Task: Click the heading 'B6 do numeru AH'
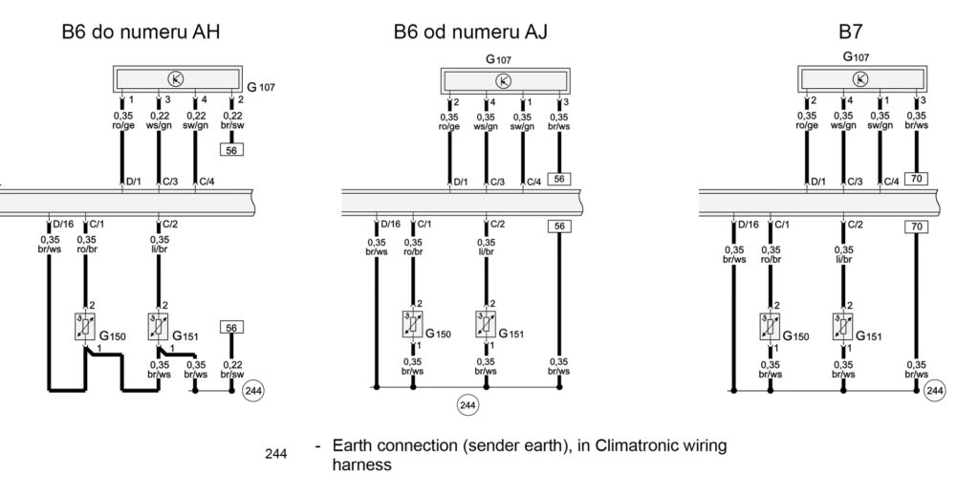(141, 32)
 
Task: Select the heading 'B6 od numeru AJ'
(470, 32)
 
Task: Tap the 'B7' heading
(851, 32)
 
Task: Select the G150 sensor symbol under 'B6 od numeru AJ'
(413, 324)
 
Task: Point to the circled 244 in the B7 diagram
(935, 390)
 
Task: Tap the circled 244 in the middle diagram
(468, 405)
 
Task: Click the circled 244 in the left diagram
(253, 390)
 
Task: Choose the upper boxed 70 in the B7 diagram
(917, 179)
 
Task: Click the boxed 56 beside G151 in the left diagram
(231, 328)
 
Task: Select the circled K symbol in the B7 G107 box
(861, 79)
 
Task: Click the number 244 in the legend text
(276, 454)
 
